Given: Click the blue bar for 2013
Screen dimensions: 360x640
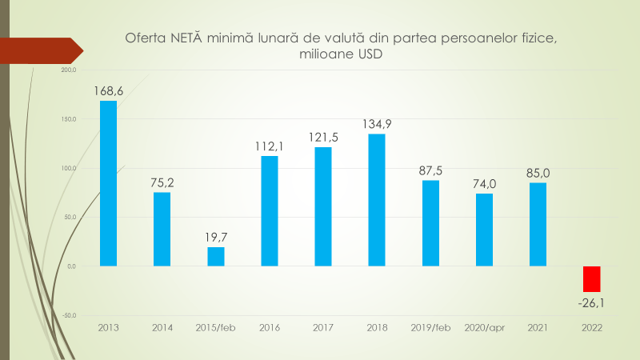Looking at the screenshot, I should click(x=108, y=183).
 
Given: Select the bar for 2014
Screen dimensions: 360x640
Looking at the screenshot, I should click(x=162, y=229).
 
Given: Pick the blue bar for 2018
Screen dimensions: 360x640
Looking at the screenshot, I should click(x=377, y=200).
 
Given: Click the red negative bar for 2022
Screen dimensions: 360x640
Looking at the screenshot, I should click(x=591, y=278).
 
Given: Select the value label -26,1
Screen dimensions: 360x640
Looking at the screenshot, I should click(x=591, y=302).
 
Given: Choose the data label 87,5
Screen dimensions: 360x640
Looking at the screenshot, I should click(x=430, y=170).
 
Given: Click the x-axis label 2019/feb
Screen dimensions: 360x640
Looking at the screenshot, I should click(x=430, y=327).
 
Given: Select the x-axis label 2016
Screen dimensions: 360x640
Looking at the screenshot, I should click(x=270, y=327).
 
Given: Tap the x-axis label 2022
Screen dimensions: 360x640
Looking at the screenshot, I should click(x=591, y=327).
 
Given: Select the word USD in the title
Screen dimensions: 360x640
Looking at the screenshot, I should click(x=370, y=54).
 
